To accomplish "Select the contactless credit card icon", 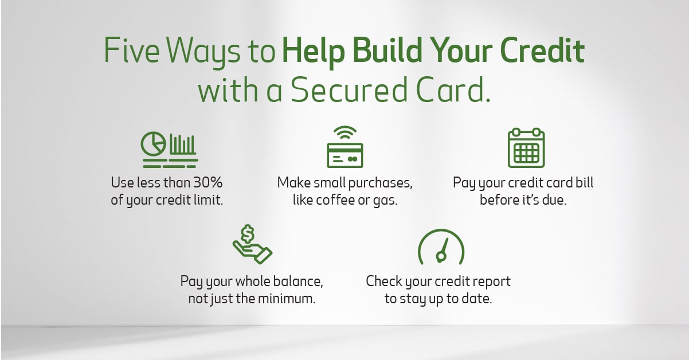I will (344, 154).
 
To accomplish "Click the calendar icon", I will (526, 148).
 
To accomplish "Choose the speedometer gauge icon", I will (440, 247).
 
